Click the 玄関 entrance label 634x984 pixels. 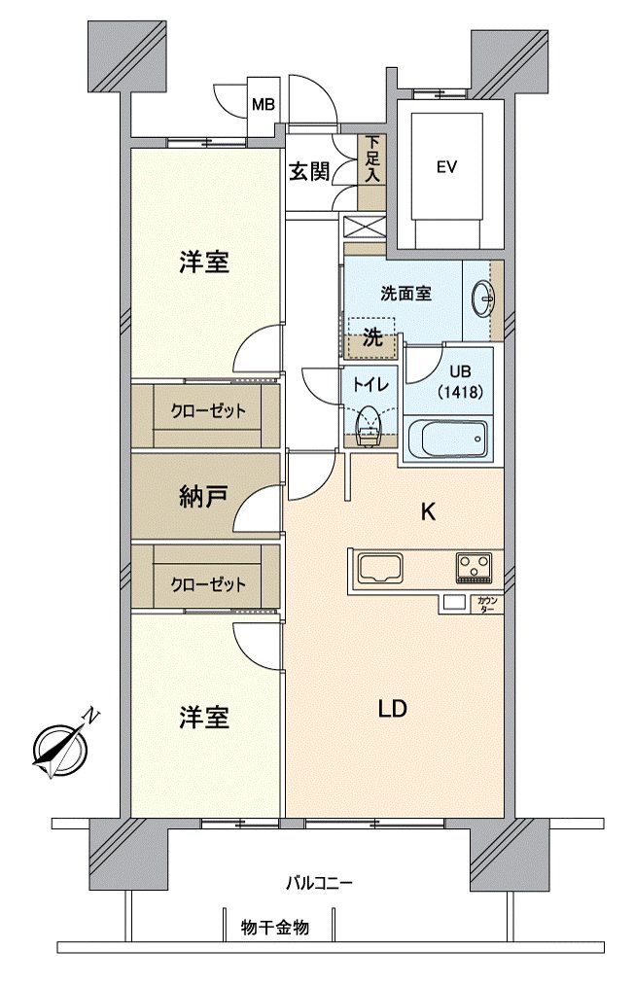pyautogui.click(x=309, y=172)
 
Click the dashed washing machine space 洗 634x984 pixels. pyautogui.click(x=370, y=338)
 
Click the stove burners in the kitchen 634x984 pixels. pyautogui.click(x=475, y=566)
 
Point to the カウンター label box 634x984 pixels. pyautogui.click(x=487, y=604)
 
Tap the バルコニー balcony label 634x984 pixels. pyautogui.click(x=318, y=883)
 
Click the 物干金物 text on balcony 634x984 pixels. pyautogui.click(x=275, y=928)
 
